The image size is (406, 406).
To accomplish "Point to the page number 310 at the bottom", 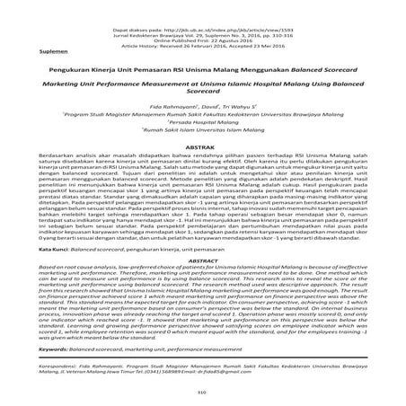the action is (x=202, y=393).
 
